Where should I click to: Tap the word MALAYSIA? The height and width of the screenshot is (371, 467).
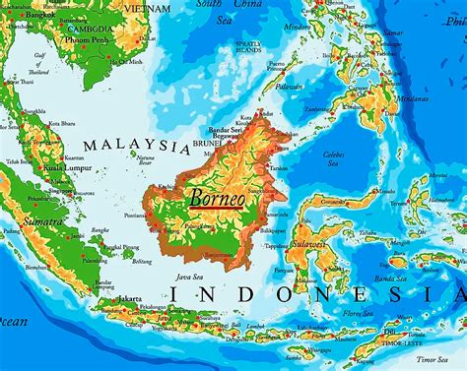[136, 146]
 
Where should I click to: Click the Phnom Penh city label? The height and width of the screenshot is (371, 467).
[84, 42]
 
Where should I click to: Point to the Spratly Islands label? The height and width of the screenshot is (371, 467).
[249, 46]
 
